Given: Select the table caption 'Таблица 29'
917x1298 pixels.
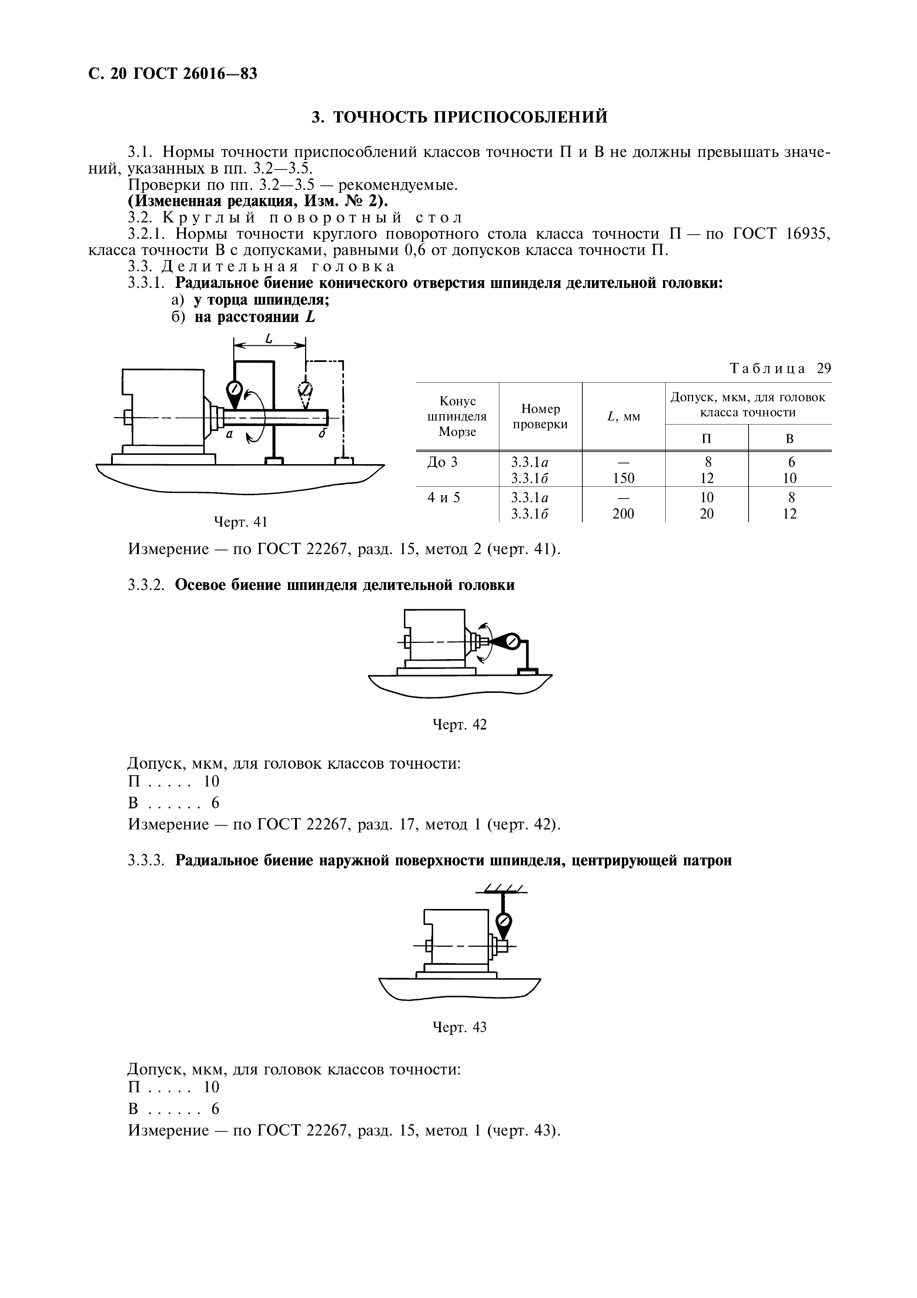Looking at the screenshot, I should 780,369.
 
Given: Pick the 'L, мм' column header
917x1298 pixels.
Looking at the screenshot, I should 623,417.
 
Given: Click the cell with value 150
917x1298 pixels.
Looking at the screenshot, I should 623,478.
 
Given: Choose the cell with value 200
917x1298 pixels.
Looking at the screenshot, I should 623,513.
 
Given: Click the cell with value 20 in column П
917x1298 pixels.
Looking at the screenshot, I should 707,513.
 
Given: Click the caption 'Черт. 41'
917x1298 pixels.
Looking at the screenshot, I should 240,522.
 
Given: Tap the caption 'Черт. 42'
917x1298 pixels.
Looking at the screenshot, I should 459,724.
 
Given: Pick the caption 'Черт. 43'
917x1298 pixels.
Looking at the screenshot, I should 459,1027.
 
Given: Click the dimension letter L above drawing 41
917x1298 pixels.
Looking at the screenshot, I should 269,339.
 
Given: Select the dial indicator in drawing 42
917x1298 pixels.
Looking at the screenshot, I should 512,642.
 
